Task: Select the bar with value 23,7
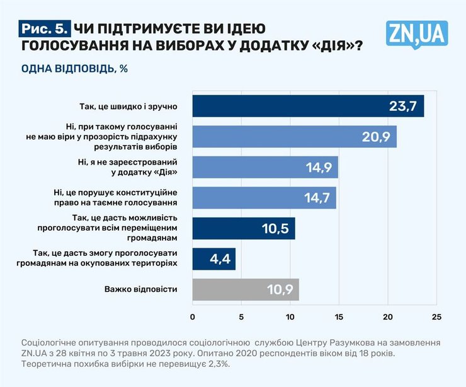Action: [308, 106]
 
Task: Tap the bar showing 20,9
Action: [294, 136]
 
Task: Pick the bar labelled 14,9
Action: [265, 167]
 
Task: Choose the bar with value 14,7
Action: [264, 197]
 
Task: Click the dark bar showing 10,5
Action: [243, 228]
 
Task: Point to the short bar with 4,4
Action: [213, 258]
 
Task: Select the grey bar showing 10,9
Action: [246, 289]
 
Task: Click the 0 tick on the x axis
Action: [193, 316]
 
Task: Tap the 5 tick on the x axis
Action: [242, 316]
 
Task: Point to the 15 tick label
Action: [339, 316]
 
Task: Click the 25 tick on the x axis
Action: [437, 316]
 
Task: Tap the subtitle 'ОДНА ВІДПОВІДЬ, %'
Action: [74, 69]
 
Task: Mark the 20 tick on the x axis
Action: [388, 316]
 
